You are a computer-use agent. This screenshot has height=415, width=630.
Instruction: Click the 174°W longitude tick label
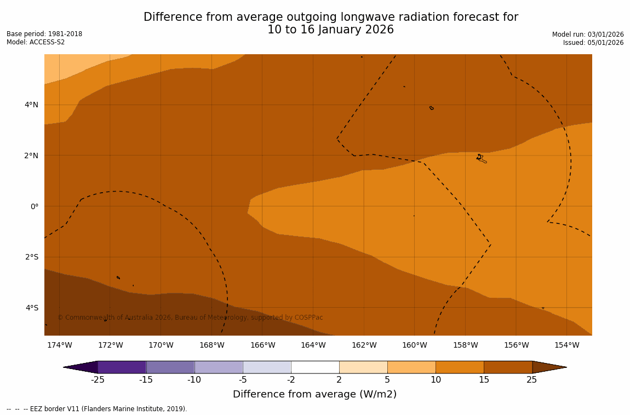click(59, 345)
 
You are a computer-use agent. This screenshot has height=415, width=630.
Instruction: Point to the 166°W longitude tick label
click(262, 345)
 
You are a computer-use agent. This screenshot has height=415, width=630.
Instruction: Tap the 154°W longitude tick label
click(566, 345)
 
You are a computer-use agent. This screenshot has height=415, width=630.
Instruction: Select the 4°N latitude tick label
click(31, 105)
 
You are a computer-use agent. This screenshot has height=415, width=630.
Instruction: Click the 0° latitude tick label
click(34, 206)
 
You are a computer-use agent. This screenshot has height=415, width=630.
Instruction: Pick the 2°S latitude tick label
click(31, 257)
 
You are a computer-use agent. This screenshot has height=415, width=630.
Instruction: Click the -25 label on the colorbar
click(98, 380)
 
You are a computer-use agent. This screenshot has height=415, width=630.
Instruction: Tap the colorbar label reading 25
click(531, 380)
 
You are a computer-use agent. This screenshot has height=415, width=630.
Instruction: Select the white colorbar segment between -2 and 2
click(315, 367)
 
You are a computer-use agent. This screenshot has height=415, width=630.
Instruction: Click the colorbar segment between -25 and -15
click(122, 367)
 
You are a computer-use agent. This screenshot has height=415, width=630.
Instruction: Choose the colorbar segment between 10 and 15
click(460, 367)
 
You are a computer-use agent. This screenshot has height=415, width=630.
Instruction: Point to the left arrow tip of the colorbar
click(65, 367)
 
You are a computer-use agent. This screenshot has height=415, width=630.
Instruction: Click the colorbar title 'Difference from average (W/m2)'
click(314, 394)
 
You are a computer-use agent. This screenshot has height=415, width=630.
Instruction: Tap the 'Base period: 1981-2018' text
click(44, 34)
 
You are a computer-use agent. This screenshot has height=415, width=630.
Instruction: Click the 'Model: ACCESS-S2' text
click(36, 42)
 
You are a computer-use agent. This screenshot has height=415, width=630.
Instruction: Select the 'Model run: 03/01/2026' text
click(588, 34)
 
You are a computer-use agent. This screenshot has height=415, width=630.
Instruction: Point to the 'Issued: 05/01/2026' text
click(593, 43)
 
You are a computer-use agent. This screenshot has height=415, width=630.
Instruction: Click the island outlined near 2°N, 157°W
click(481, 159)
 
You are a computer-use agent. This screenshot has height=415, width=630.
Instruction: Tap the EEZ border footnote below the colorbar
click(97, 409)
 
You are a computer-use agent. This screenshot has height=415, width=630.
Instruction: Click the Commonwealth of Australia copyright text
click(190, 318)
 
